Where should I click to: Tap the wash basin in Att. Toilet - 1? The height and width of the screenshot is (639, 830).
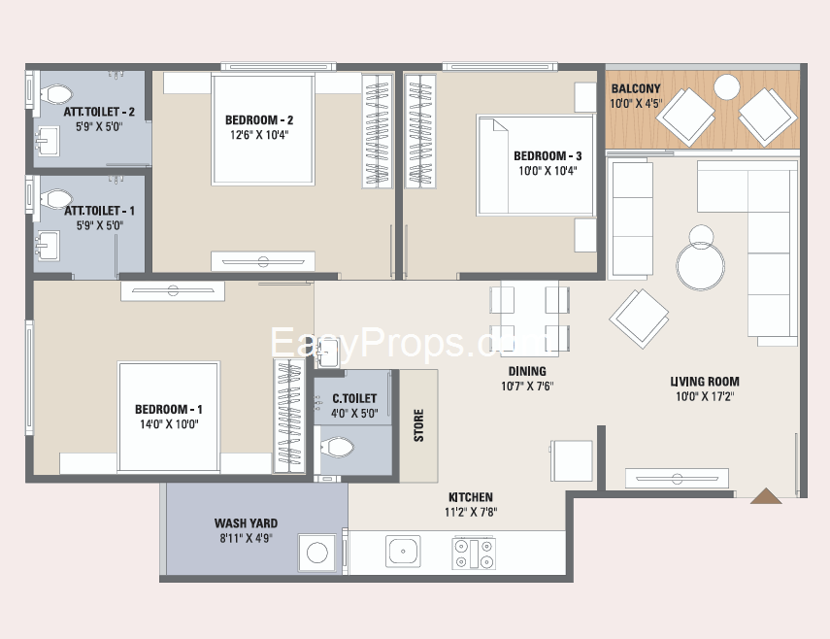pyautogui.click(x=48, y=246)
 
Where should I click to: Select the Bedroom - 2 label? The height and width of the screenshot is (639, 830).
pyautogui.click(x=259, y=120)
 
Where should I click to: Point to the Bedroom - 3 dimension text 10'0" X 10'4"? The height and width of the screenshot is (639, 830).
pyautogui.click(x=548, y=171)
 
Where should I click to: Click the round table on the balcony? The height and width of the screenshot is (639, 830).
pyautogui.click(x=727, y=86)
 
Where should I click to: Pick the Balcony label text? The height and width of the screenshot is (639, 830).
pyautogui.click(x=636, y=88)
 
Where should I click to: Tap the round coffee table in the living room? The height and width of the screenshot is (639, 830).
pyautogui.click(x=700, y=265)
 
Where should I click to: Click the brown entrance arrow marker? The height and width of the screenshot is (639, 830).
pyautogui.click(x=765, y=496)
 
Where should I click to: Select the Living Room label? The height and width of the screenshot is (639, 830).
pyautogui.click(x=705, y=382)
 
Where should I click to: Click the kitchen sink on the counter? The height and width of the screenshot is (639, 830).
pyautogui.click(x=403, y=552)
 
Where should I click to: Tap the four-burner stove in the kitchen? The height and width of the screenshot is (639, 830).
pyautogui.click(x=474, y=554)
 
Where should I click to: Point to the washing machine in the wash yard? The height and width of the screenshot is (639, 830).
pyautogui.click(x=317, y=553)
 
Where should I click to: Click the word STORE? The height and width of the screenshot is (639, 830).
pyautogui.click(x=418, y=425)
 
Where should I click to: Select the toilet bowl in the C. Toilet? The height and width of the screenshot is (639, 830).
pyautogui.click(x=337, y=448)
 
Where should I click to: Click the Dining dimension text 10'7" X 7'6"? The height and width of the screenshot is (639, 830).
pyautogui.click(x=527, y=386)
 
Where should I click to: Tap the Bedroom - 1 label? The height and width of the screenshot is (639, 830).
pyautogui.click(x=168, y=409)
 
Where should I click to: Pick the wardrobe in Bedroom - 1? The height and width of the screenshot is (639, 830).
pyautogui.click(x=289, y=416)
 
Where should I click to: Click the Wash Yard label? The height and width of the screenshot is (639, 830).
pyautogui.click(x=246, y=523)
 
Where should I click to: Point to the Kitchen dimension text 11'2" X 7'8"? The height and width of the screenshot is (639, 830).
pyautogui.click(x=471, y=512)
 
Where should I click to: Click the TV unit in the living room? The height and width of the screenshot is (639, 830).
pyautogui.click(x=677, y=478)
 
